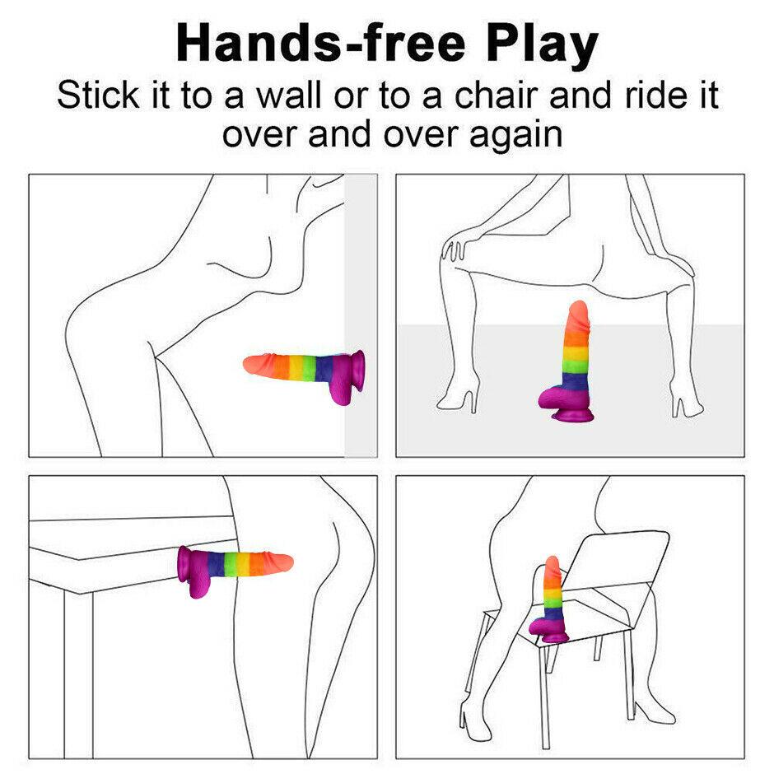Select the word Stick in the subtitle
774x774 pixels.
[98, 96]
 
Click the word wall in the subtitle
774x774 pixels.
[289, 96]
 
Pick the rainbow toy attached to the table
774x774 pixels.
[235, 567]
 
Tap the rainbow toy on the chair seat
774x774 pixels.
[548, 599]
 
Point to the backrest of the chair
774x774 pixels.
[621, 567]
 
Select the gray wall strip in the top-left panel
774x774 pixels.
[361, 316]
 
